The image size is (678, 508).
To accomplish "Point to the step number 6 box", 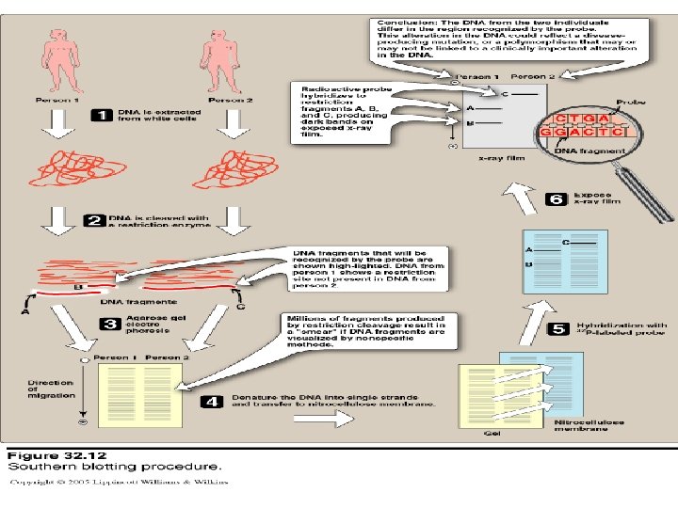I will [x=557, y=199].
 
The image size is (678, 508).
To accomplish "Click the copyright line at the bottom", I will [x=121, y=483].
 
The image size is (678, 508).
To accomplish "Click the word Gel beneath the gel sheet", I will [x=492, y=435].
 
